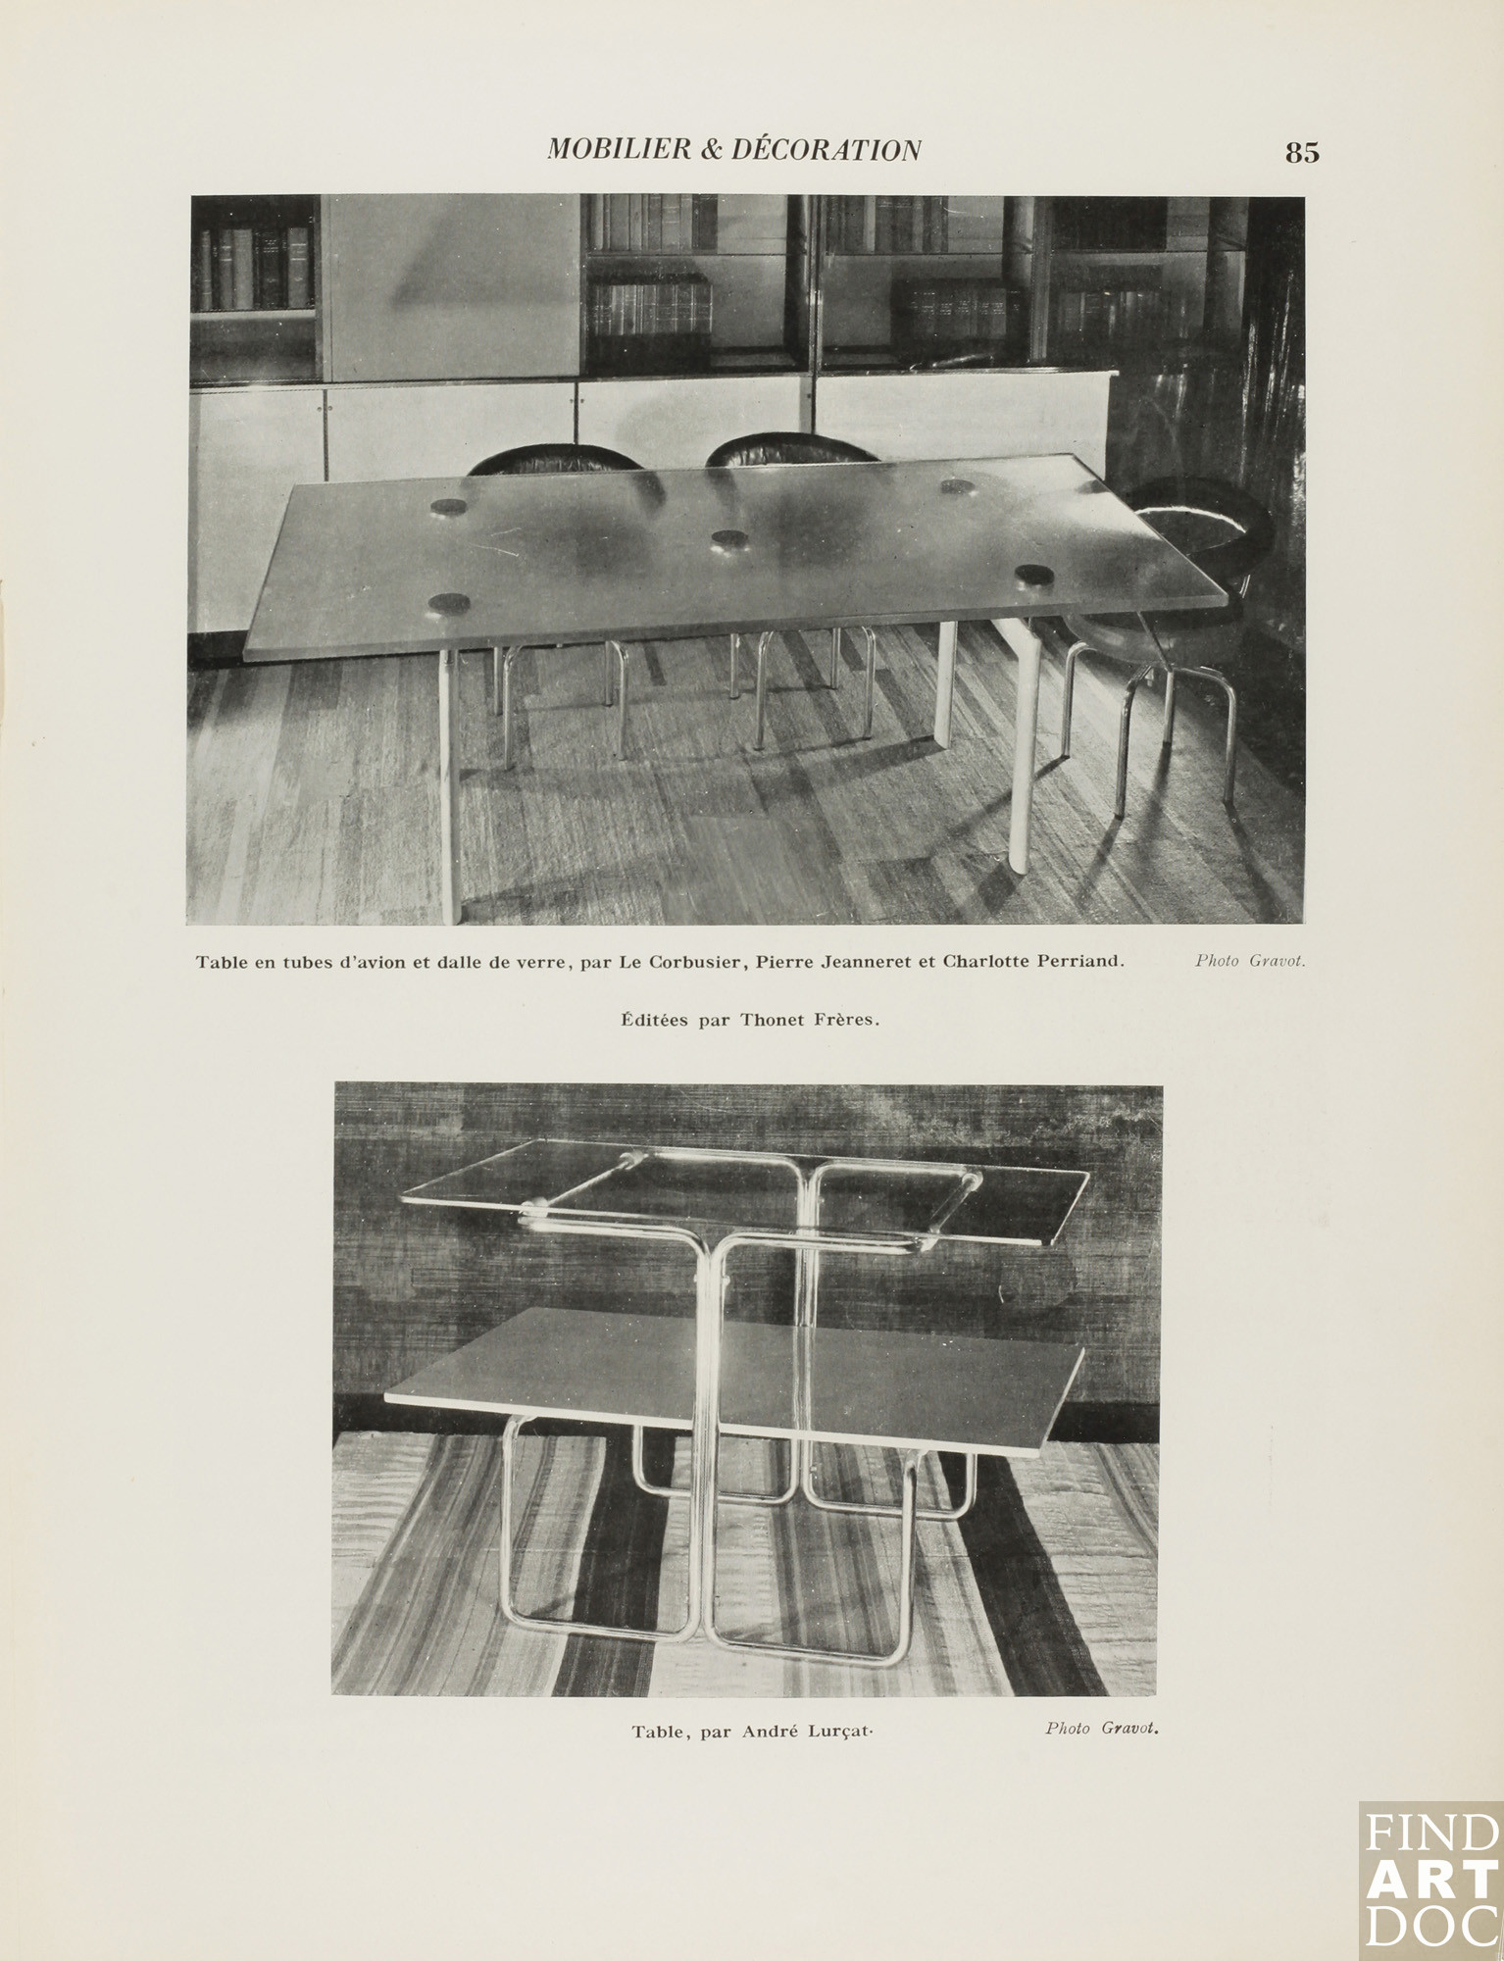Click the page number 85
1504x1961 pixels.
1302,153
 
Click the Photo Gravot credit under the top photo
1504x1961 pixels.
1249,961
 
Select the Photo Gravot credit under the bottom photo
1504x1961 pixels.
1101,1728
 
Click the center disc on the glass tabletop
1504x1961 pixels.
729,538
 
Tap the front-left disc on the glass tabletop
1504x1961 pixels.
447,603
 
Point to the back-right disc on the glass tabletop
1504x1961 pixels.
956,486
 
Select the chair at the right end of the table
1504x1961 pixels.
1186,608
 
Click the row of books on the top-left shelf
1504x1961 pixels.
255,267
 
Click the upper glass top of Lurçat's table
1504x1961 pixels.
745,1191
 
